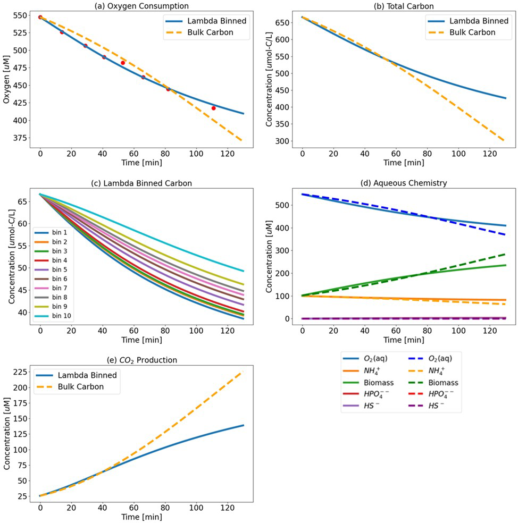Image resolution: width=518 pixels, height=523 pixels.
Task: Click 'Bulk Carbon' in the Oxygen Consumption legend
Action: (211, 33)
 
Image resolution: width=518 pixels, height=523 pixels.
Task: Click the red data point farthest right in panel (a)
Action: (214, 108)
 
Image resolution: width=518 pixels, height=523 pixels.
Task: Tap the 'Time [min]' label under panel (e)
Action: (141, 517)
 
